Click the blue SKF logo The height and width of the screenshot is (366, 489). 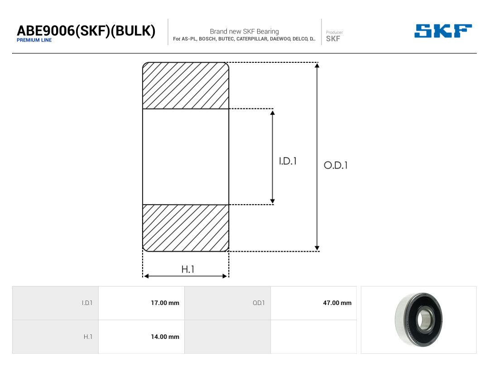point(443,31)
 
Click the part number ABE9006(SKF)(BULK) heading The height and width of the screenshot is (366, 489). point(86,31)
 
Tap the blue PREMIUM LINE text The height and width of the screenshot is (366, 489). point(34,40)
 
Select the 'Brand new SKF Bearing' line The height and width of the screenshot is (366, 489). point(244,32)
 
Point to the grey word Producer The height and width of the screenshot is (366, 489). point(334,33)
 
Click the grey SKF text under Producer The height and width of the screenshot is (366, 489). point(333,38)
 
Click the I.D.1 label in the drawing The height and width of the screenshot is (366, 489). point(288,161)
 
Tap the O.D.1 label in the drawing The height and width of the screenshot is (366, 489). point(336,165)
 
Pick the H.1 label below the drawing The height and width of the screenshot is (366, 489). point(188,269)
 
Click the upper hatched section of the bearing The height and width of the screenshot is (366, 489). point(186,85)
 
